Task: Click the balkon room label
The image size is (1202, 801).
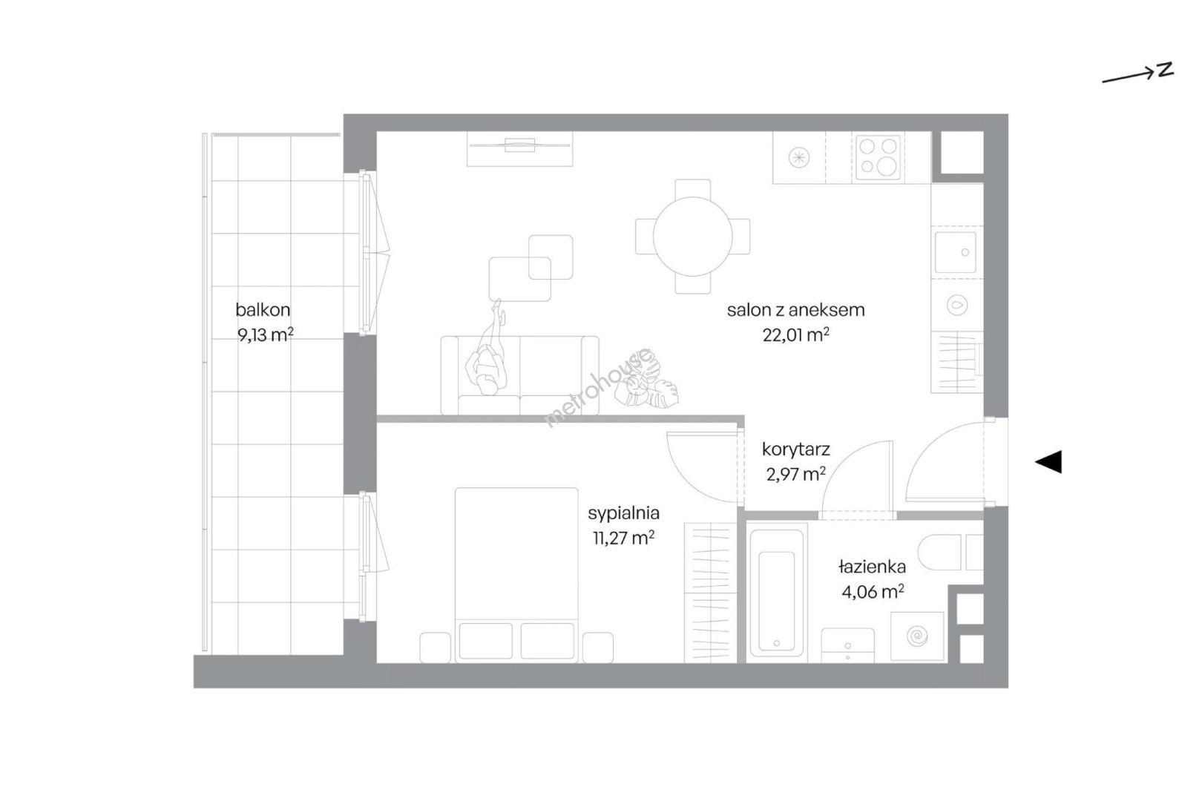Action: pyautogui.click(x=263, y=309)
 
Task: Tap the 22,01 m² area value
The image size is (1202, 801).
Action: pyautogui.click(x=796, y=335)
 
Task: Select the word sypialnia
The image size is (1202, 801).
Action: pyautogui.click(x=623, y=513)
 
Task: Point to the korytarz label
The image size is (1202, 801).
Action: pyautogui.click(x=796, y=449)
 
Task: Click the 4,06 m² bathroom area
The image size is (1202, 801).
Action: pyautogui.click(x=873, y=592)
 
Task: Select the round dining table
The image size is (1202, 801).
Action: pyautogui.click(x=692, y=237)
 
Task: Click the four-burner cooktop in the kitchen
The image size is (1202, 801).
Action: pyautogui.click(x=877, y=158)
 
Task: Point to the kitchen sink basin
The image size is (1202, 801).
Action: pyautogui.click(x=955, y=252)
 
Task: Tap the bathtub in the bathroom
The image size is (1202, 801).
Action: pyautogui.click(x=777, y=593)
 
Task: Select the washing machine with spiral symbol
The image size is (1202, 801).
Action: pyautogui.click(x=917, y=636)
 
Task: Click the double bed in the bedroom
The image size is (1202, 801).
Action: pyautogui.click(x=516, y=575)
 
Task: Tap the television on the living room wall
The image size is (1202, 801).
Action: pyautogui.click(x=519, y=145)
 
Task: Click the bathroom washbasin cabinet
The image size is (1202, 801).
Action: pyautogui.click(x=847, y=645)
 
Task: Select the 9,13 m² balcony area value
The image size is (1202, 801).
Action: pyautogui.click(x=265, y=335)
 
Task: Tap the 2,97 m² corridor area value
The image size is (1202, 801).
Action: pyautogui.click(x=796, y=475)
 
